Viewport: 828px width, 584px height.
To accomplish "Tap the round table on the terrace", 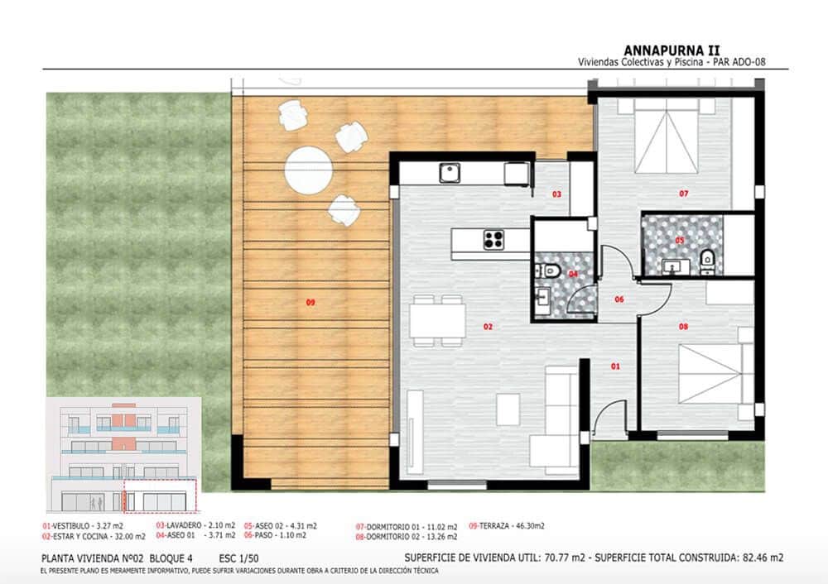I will tap(308, 169).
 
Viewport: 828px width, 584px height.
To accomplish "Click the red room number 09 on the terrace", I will tap(310, 303).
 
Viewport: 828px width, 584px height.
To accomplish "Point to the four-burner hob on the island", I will tap(494, 240).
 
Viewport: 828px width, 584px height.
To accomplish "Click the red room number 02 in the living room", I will tap(489, 327).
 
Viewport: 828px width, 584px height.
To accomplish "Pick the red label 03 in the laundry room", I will tap(557, 194).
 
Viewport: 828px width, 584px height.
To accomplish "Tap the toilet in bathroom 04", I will tap(550, 270).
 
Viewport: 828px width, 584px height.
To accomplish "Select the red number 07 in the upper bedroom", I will tap(684, 194).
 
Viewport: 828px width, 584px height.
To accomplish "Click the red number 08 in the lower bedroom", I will tap(683, 327).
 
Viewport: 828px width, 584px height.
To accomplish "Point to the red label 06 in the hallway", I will tap(619, 300).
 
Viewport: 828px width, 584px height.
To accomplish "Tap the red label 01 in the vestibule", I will tap(615, 366).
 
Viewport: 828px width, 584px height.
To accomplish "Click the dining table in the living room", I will tap(438, 320).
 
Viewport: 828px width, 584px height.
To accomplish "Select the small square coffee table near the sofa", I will tap(508, 409).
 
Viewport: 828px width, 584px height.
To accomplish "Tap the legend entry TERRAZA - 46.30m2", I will tap(507, 525).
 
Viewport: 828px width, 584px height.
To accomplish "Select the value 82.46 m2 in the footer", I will tap(762, 557).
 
